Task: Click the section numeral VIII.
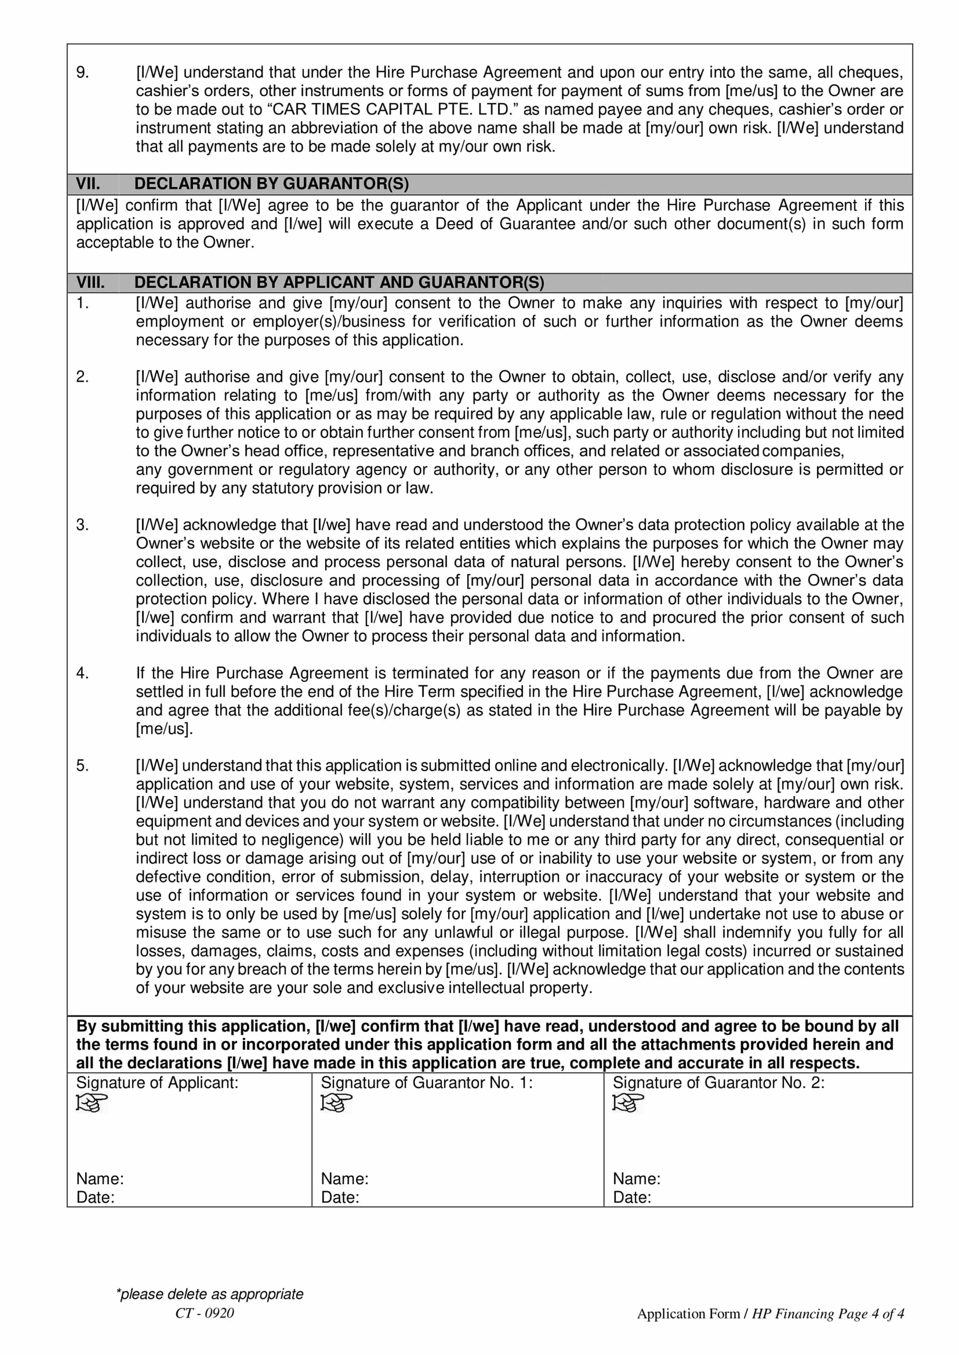[x=90, y=282]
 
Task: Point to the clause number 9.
[x=83, y=73]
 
